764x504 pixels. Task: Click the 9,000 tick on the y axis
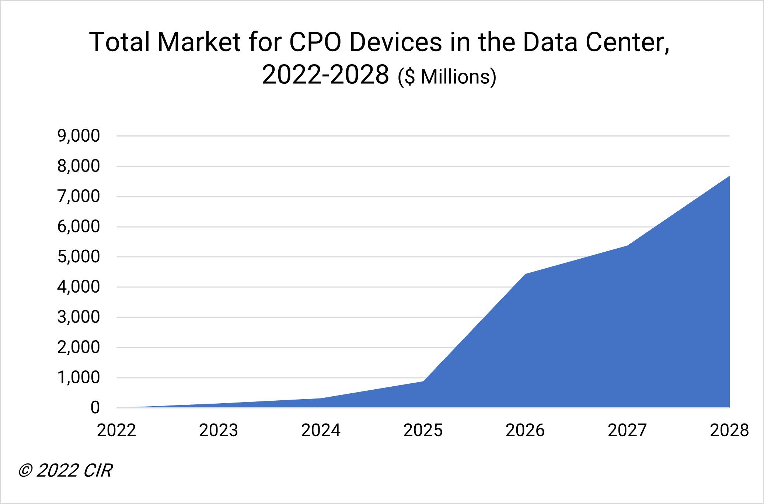(x=78, y=136)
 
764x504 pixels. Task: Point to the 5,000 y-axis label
(x=78, y=257)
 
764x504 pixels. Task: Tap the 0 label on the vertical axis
(x=95, y=408)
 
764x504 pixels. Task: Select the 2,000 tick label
(x=78, y=348)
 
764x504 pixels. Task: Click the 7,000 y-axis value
(x=78, y=197)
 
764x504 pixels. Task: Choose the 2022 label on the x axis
(x=116, y=431)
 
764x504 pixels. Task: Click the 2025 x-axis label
(x=423, y=431)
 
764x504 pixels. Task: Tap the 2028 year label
(x=729, y=431)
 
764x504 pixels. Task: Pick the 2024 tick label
(x=321, y=431)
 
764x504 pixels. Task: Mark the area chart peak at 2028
(x=729, y=176)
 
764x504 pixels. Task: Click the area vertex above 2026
(x=525, y=274)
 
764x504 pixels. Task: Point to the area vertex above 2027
(x=627, y=246)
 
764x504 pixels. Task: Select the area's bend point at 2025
(x=423, y=381)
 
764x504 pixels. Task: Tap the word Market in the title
(x=199, y=42)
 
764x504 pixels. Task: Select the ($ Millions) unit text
(x=447, y=77)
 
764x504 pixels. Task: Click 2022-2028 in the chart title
(x=325, y=75)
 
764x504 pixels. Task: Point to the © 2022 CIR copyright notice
(x=65, y=471)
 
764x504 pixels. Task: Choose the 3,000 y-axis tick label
(x=78, y=317)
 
